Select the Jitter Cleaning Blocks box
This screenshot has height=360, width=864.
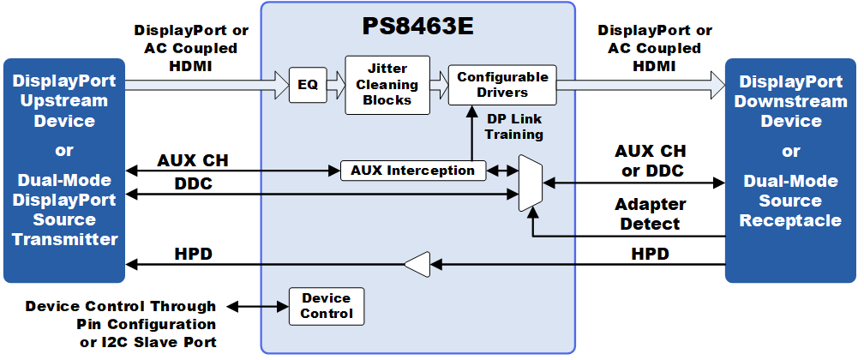click(x=387, y=85)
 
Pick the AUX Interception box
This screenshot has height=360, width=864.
click(x=413, y=170)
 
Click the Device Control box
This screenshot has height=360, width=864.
click(x=327, y=306)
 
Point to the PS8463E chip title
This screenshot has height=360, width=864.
click(x=417, y=26)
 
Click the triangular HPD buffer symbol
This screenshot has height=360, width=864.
click(x=417, y=265)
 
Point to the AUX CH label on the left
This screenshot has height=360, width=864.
click(x=193, y=159)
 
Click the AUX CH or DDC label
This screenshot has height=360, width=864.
click(x=651, y=160)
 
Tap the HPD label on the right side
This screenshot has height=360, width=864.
click(x=650, y=254)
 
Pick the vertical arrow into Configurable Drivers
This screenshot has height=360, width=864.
click(x=470, y=132)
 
